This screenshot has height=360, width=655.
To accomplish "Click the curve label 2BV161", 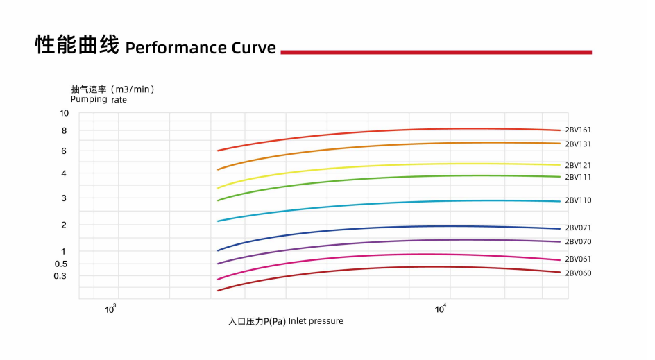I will (578, 130).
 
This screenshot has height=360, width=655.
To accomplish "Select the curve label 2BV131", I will (578, 144).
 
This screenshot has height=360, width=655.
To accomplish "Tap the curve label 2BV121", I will (578, 166).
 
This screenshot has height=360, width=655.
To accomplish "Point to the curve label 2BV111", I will (578, 178).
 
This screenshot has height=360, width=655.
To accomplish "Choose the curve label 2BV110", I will (578, 200).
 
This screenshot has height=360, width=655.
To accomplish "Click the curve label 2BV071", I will (578, 228).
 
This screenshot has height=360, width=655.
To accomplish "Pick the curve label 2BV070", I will (578, 242).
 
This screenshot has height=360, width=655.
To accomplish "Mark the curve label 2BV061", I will (578, 259).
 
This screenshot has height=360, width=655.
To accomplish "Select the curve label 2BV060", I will (578, 273).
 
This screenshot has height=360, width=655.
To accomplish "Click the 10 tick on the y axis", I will (65, 114).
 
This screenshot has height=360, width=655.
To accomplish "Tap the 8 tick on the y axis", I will (65, 131).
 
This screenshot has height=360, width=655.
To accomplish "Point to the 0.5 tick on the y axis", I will (61, 264).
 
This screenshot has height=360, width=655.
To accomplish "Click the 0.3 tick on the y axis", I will (61, 277).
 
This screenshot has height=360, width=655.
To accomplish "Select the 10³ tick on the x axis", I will (111, 309).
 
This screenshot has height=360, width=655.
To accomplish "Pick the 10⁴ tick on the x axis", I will (441, 309).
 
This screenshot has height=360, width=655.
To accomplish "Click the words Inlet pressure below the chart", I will (316, 321).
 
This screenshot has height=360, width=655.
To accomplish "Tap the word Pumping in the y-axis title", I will (89, 99).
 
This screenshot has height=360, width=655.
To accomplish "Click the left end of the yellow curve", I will (219, 188).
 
